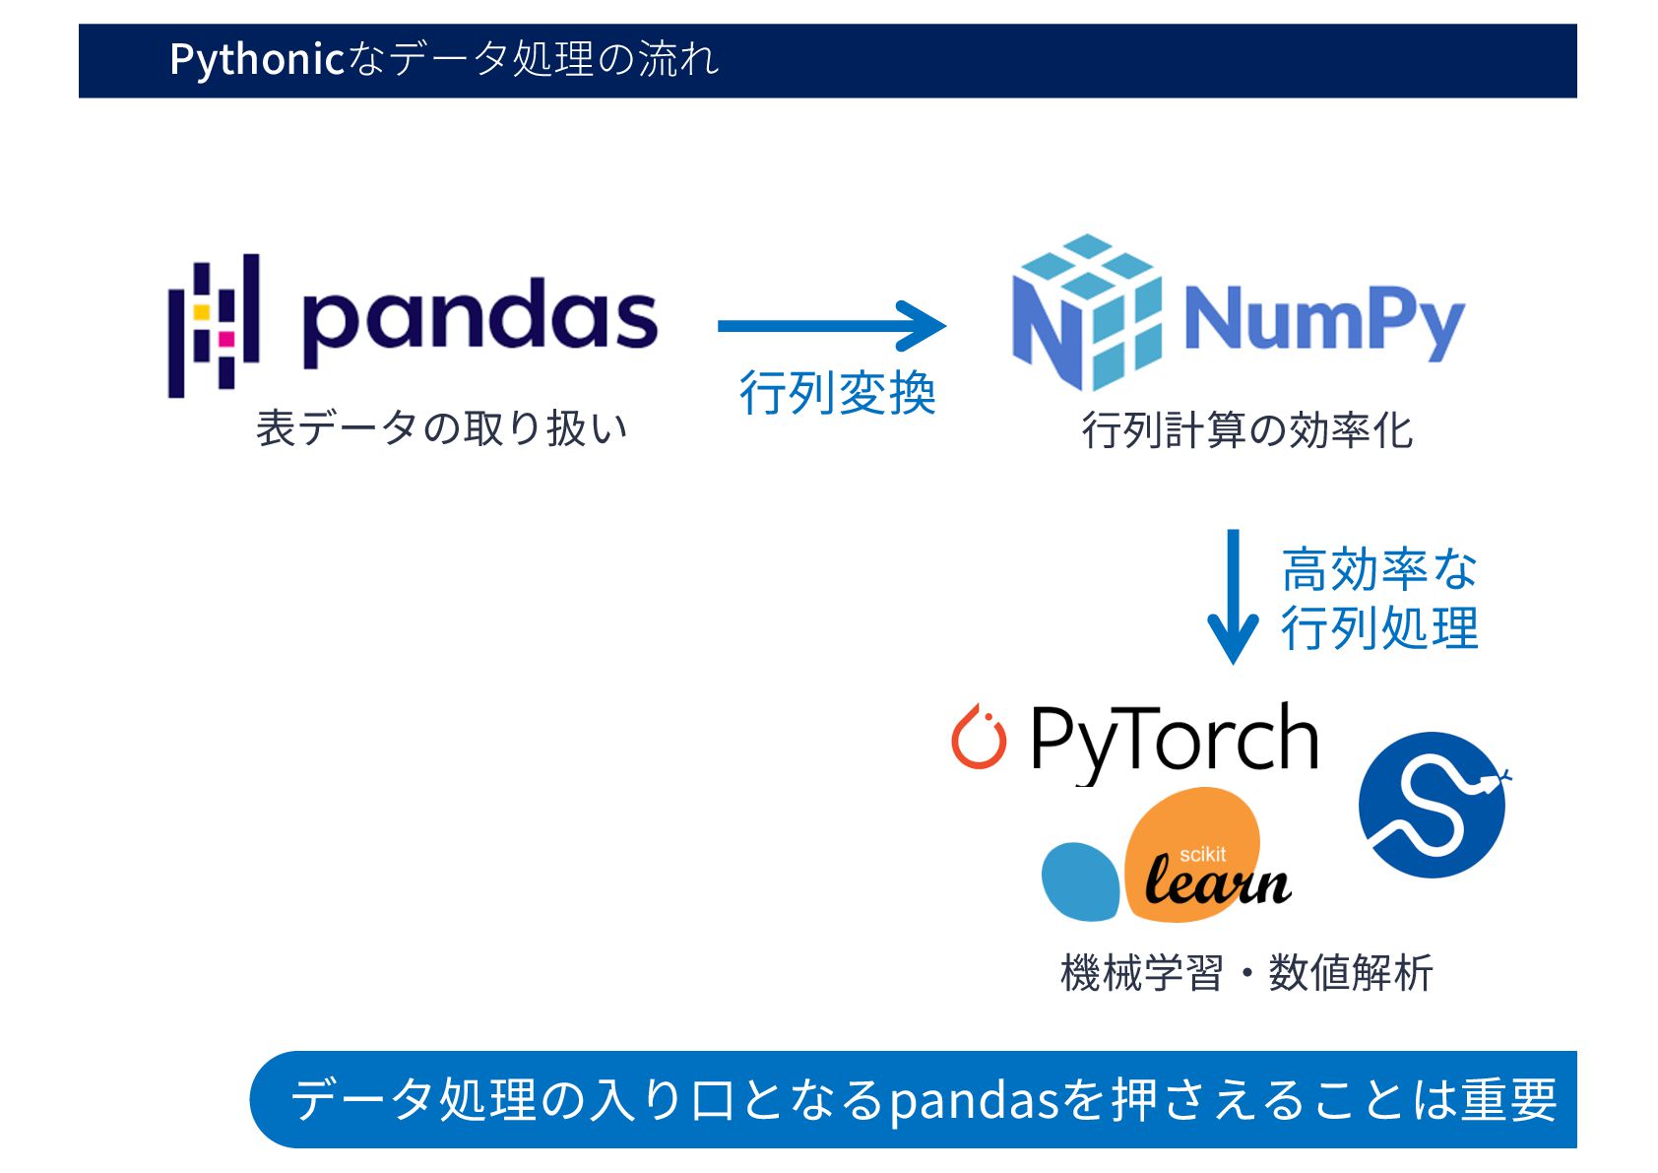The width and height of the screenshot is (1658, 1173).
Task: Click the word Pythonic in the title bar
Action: click(256, 60)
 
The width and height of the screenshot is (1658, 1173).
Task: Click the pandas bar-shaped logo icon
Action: click(214, 325)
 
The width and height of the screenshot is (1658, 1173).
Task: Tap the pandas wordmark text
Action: click(479, 319)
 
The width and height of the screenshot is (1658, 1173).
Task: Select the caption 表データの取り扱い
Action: click(441, 429)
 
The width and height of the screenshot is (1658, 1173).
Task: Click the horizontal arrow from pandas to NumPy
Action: click(831, 326)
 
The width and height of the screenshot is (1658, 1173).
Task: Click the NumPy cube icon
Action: click(1087, 312)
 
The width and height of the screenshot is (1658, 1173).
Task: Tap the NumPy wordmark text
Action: click(1323, 321)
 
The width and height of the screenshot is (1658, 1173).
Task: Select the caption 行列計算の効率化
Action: click(1246, 430)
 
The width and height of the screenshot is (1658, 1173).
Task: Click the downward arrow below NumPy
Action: click(1233, 596)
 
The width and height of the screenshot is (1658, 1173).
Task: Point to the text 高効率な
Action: click(1378, 569)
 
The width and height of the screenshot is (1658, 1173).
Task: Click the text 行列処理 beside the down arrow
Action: click(1378, 628)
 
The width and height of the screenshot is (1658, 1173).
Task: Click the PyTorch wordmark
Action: click(1174, 741)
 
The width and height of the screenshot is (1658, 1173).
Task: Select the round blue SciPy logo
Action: click(1433, 805)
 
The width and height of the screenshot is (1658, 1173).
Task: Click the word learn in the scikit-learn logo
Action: click(1218, 881)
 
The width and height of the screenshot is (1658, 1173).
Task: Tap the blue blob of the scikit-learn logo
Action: click(1081, 881)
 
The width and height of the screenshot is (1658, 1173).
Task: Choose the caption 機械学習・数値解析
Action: click(1246, 973)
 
